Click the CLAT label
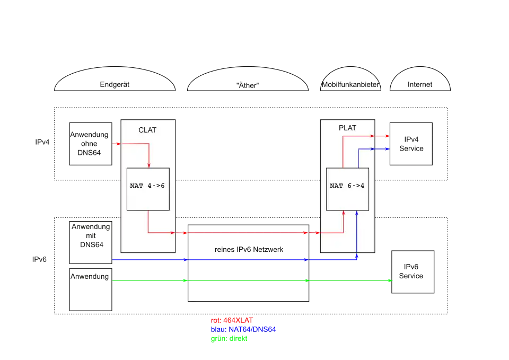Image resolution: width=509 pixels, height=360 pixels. coord(147,130)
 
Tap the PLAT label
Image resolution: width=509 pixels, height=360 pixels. coord(347,128)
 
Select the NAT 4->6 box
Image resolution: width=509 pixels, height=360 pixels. coord(148,189)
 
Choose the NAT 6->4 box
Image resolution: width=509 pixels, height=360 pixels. coord(347,189)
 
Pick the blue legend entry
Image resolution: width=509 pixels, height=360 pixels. coord(243,329)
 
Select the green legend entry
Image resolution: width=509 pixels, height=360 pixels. coord(229,339)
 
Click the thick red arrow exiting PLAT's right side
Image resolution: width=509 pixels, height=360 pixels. coord(382,136)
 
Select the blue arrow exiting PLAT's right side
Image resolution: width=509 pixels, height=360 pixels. coord(383,149)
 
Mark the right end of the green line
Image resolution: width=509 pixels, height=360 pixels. coord(391,280)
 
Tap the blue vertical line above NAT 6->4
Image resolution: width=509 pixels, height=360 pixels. coord(358,159)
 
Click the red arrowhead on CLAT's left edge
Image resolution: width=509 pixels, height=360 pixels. coord(117,143)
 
